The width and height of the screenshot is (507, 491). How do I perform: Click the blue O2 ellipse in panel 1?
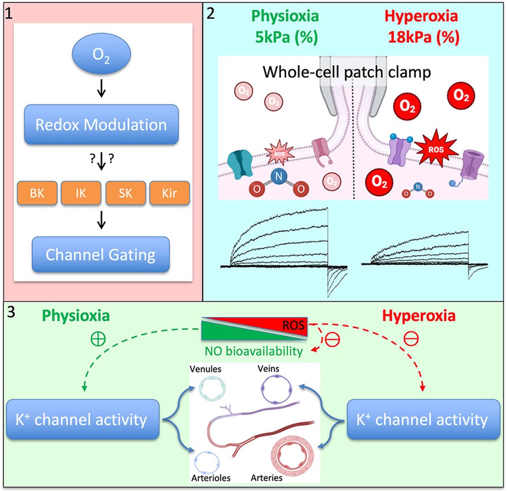pos(101,54)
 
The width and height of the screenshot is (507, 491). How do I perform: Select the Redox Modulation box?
pos(101,124)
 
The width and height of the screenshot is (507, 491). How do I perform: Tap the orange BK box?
pos(37,193)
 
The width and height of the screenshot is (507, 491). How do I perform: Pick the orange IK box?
pos(81,193)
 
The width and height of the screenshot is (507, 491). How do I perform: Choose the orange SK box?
pos(125,193)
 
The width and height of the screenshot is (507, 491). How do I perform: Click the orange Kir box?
pos(169,193)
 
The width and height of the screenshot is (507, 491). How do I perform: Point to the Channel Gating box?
pos(100,254)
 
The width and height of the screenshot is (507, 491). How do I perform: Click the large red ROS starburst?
pos(436,149)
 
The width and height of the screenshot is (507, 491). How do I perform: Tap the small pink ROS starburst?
pos(279,153)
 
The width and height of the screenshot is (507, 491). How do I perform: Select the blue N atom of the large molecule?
pos(279,176)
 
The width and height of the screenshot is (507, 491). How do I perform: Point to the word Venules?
pos(206,369)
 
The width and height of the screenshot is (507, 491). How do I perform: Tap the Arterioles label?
pos(211,478)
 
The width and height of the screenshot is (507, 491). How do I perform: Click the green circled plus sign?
pos(98,339)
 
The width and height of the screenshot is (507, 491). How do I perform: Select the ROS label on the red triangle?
pos(294,325)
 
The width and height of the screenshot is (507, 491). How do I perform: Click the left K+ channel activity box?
pos(83,419)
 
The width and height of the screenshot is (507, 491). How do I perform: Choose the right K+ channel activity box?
pos(423,419)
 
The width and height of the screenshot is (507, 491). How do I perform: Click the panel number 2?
pos(210,14)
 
